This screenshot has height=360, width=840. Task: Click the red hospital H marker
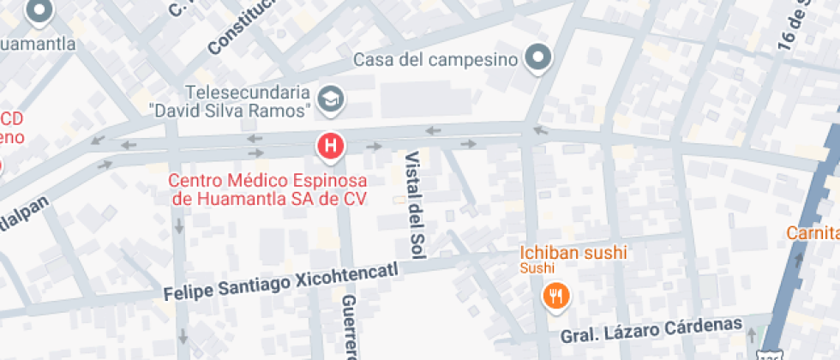(331, 147)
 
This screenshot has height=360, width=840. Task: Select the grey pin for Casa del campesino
(538, 58)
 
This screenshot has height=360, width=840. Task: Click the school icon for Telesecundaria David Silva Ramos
(329, 99)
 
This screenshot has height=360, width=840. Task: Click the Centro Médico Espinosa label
(267, 181)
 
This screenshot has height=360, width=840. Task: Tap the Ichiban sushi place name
(573, 253)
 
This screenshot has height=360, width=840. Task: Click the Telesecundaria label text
(249, 92)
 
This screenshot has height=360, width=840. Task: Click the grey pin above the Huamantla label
(39, 12)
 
